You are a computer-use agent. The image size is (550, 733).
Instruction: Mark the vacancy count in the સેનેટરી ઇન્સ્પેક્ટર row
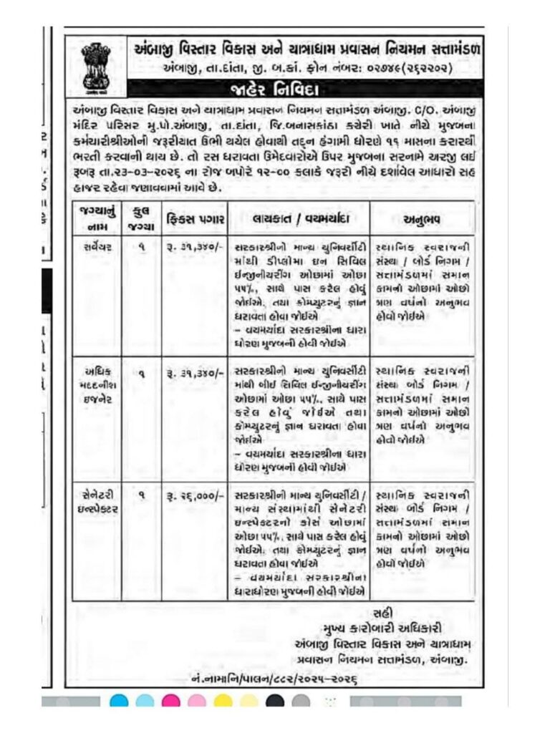click(140, 495)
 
